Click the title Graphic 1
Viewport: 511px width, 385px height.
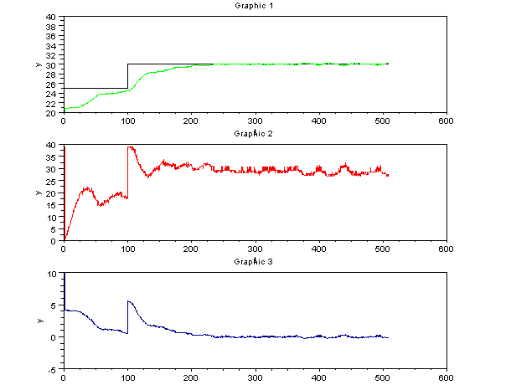point(255,6)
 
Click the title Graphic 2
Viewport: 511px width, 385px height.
point(255,134)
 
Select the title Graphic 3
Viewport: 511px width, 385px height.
point(255,262)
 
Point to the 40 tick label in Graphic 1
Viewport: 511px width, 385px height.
point(52,17)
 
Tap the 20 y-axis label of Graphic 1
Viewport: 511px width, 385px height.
point(52,112)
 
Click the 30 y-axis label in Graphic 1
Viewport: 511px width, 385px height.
point(52,64)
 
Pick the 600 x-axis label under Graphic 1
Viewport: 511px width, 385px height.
point(446,121)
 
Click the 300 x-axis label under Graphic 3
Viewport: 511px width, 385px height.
point(255,377)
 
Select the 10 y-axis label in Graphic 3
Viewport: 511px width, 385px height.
point(52,274)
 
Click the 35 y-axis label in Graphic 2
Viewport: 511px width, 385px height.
point(52,157)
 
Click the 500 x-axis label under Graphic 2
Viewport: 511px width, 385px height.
point(383,249)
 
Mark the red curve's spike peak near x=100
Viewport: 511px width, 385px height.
point(129,147)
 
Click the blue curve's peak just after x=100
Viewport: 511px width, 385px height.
point(129,301)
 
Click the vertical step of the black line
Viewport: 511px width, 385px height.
point(127,75)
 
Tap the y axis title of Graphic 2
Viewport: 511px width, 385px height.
point(37,192)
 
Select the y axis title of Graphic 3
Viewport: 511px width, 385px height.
point(37,321)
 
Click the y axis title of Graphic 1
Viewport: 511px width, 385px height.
point(37,64)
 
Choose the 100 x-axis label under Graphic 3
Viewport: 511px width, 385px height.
point(126,377)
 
